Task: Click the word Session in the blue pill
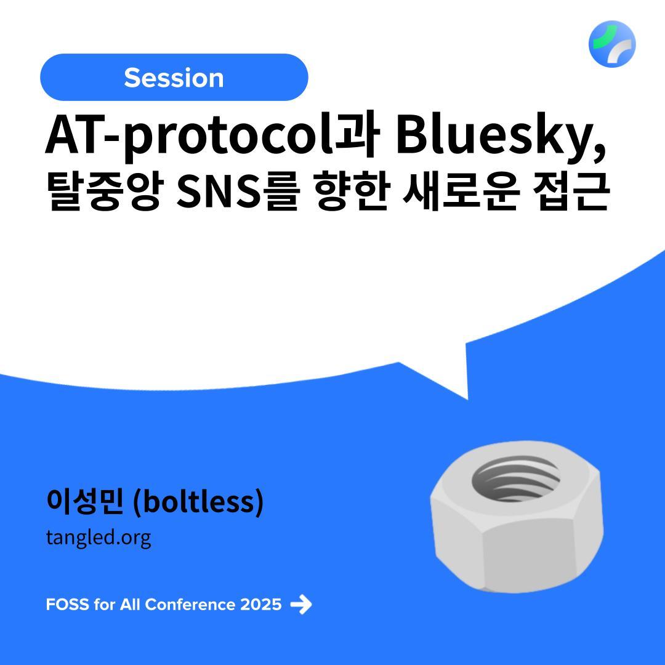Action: coord(174,78)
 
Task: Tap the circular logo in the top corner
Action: coord(612,44)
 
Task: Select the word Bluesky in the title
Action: coord(492,135)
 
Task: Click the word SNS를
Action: coord(238,191)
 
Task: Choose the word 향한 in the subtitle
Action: coord(352,191)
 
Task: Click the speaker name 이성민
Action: coord(85,501)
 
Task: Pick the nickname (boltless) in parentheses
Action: coord(198,502)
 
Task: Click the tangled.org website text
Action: coord(99,538)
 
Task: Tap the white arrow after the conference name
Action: coord(301,604)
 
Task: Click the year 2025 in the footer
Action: coord(260,605)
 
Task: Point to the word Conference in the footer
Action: coord(190,605)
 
